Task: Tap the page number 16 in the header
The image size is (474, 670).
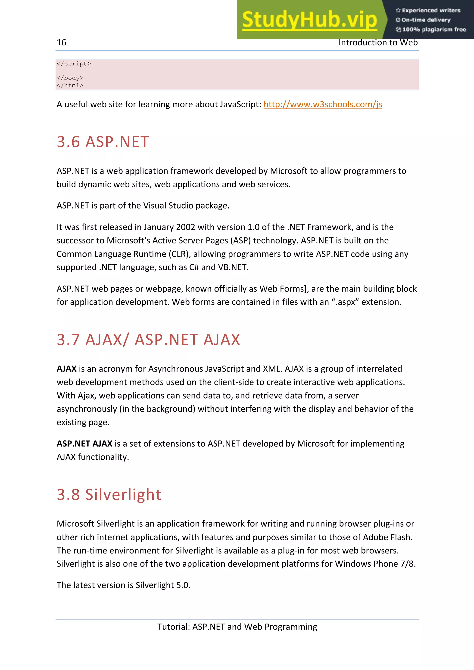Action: pos(61,43)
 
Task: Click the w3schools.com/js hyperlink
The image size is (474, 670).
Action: pos(322,104)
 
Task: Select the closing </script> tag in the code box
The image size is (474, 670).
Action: pos(74,64)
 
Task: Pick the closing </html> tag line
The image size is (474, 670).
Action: pos(70,86)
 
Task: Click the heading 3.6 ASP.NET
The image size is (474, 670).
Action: pos(103,142)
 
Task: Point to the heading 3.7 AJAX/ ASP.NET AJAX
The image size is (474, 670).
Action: pos(148,340)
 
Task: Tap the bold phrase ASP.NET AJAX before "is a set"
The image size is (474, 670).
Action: pos(84,444)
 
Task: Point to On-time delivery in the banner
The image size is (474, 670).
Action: pos(426,20)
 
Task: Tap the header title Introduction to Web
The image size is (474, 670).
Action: pos(378,43)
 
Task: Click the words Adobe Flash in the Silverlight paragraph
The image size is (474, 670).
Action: pos(387,537)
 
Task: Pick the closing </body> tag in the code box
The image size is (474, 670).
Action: pos(70,78)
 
